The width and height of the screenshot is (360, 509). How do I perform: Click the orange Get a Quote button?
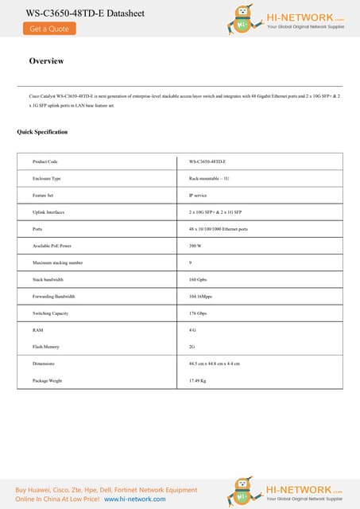point(49,29)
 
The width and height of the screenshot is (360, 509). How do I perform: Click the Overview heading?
point(46,61)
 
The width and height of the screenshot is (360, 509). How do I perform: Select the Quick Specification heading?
point(42,132)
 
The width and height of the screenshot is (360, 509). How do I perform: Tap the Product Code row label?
point(45,161)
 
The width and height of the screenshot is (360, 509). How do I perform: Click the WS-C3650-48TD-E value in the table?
point(208,161)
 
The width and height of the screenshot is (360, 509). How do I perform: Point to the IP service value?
point(199,196)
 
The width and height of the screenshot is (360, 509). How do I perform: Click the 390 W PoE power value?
point(195,246)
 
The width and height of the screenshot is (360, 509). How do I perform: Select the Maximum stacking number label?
point(57,262)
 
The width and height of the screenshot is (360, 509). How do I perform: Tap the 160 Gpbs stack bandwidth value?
point(198,280)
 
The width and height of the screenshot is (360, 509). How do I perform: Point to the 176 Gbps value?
point(198,313)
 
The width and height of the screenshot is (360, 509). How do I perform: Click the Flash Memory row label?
point(46,347)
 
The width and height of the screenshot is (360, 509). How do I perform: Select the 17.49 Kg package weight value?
point(198,381)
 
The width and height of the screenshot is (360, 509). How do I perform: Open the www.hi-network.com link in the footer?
point(135,499)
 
